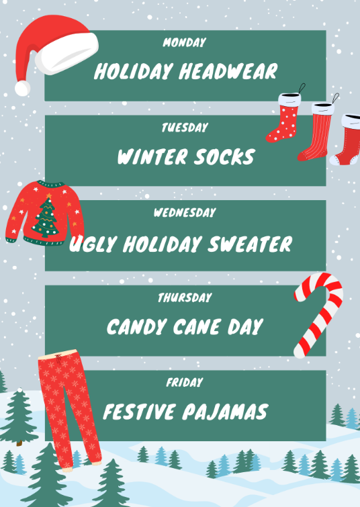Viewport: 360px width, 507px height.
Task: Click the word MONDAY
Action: point(185,43)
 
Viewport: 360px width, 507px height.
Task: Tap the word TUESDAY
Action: point(185,128)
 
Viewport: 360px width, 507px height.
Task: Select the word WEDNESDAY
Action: point(185,213)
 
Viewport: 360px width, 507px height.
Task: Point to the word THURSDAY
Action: point(185,297)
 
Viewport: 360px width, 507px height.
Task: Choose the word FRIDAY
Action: point(185,383)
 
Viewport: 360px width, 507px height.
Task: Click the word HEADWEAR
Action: point(228,72)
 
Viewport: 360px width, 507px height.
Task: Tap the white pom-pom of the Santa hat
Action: point(22,87)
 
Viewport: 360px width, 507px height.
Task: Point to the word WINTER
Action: point(148,157)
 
